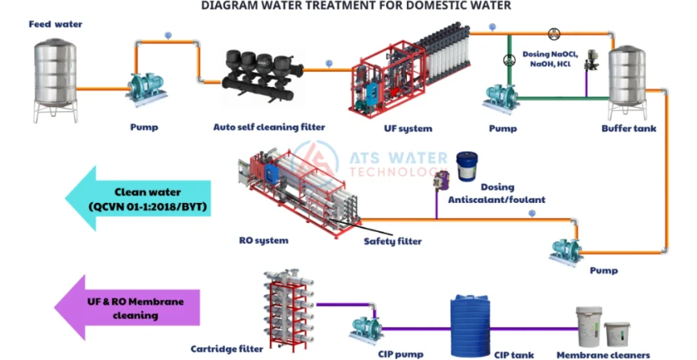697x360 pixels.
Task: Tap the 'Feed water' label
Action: [56, 24]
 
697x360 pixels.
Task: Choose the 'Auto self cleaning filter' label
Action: [269, 127]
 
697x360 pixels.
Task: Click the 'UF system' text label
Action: [409, 128]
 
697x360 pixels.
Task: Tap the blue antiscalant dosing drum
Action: [467, 167]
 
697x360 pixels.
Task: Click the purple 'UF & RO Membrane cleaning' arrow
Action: [120, 307]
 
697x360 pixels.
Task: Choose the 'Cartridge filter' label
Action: [226, 349]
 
